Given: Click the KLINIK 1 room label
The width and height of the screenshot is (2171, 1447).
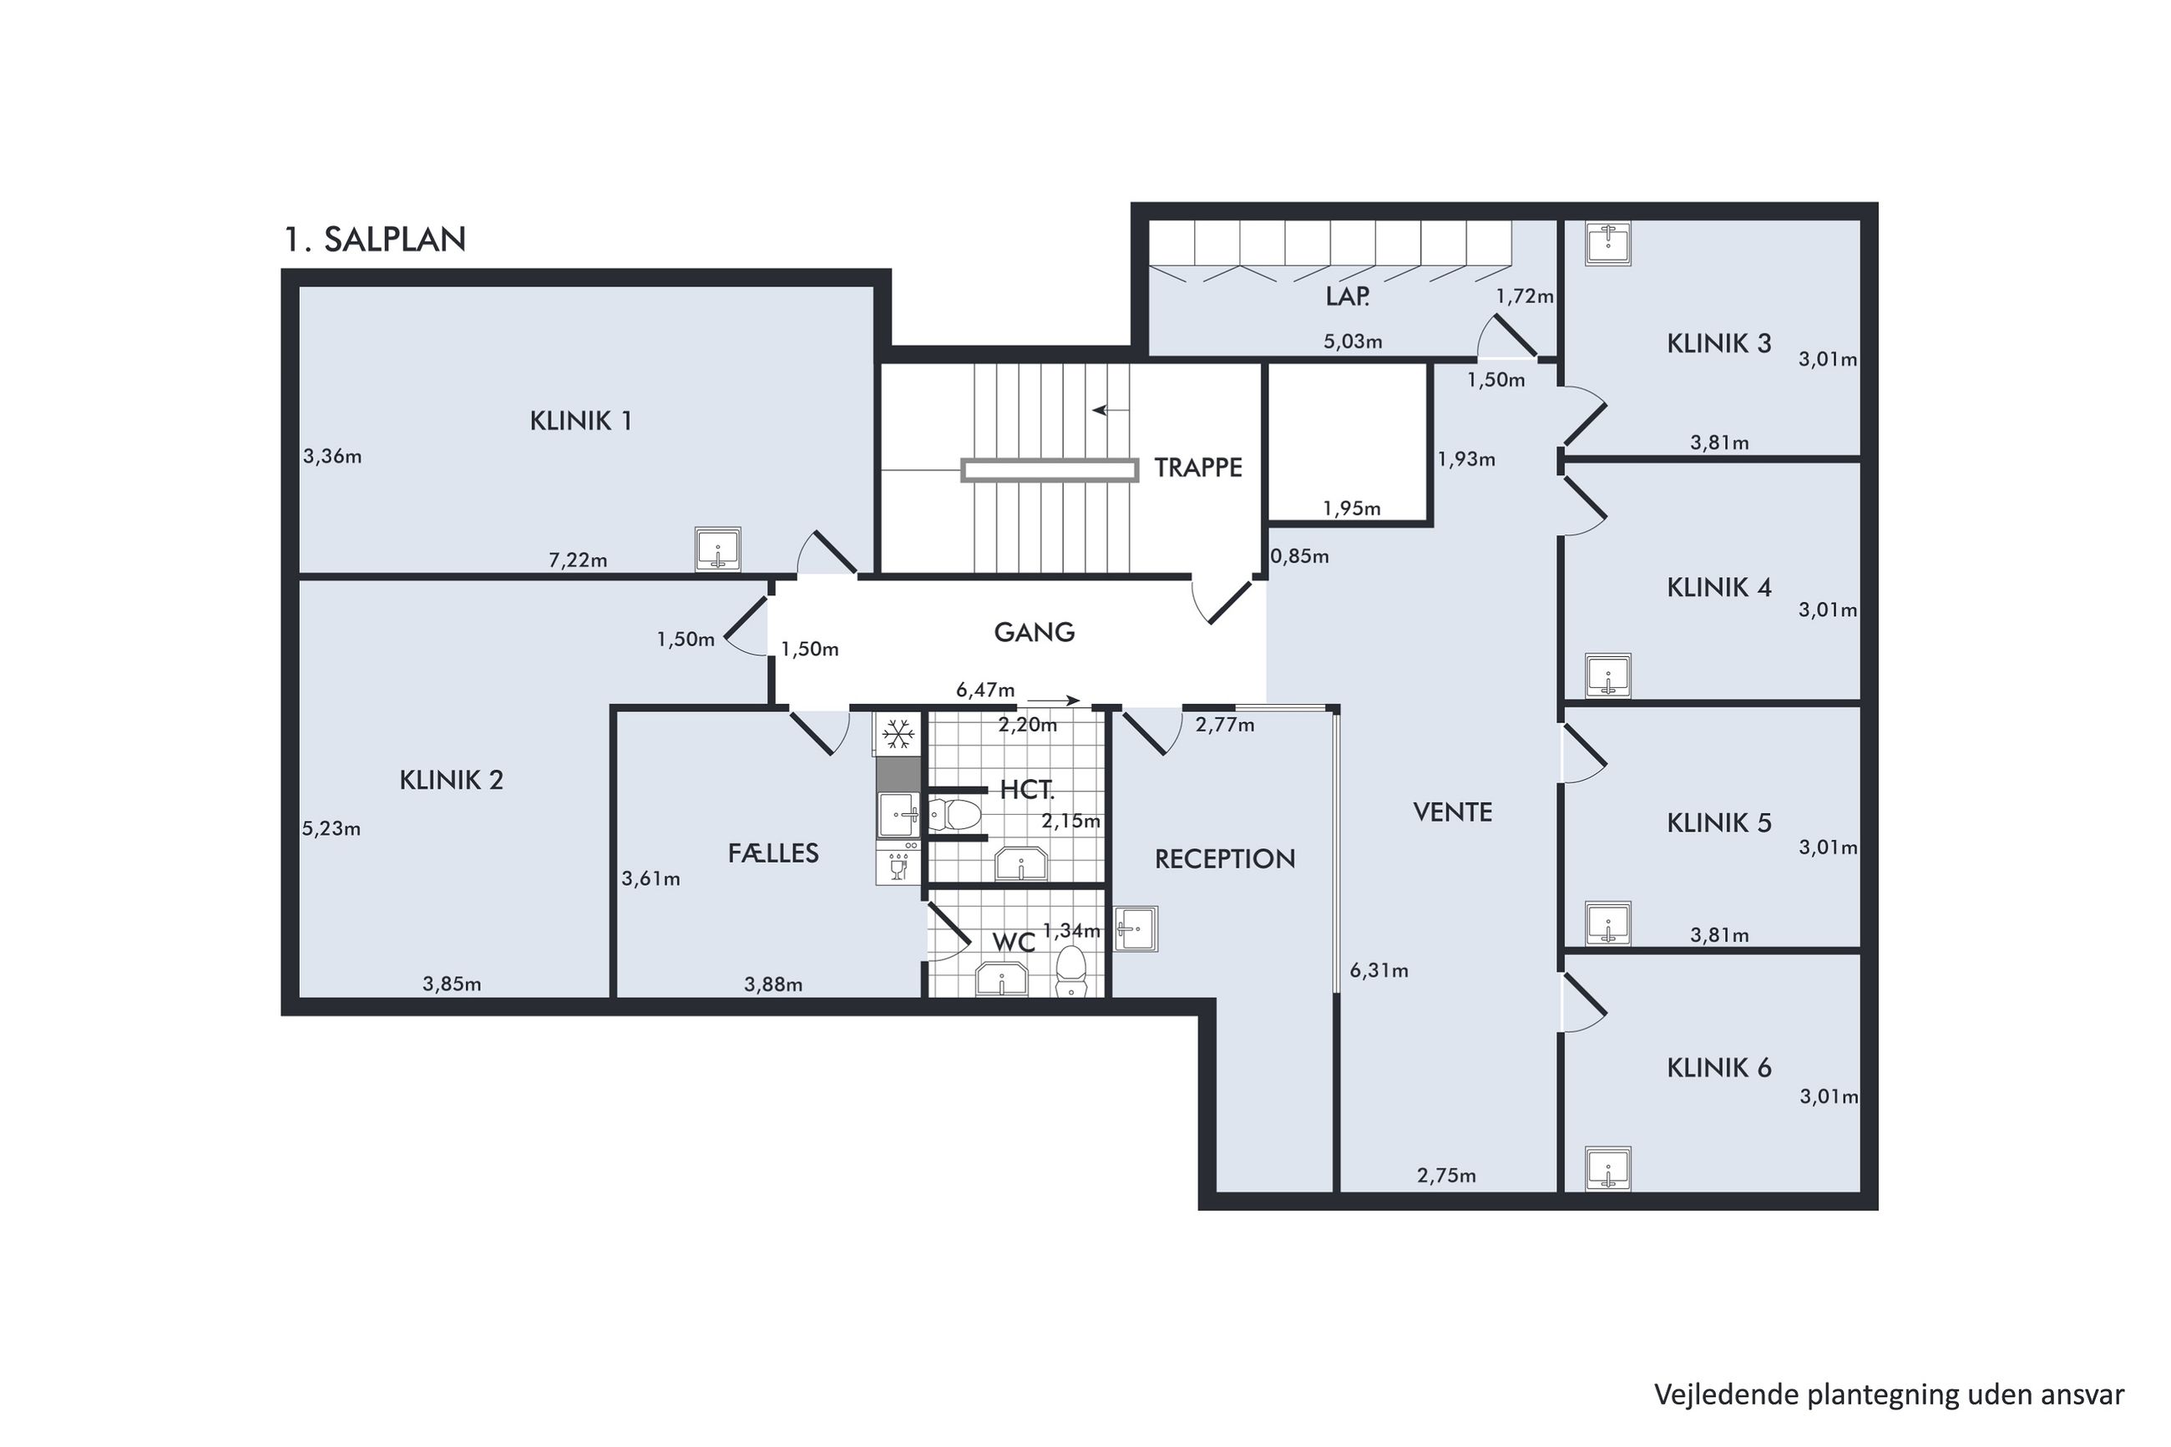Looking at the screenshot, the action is [580, 421].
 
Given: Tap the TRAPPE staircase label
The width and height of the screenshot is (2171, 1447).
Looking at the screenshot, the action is [1197, 468].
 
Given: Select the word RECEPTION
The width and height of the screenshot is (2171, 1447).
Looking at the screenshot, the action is [1224, 859].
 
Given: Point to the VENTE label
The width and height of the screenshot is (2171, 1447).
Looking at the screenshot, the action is [1452, 812].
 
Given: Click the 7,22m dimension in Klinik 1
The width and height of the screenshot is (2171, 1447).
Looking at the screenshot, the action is [578, 560].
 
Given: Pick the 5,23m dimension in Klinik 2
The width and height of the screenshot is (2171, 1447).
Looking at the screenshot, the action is [331, 828].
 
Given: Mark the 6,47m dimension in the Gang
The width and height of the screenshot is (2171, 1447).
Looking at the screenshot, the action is [985, 691].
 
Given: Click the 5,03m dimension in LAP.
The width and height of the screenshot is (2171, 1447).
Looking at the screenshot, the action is [1353, 342].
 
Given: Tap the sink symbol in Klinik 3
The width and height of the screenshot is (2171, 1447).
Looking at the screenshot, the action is [1608, 243].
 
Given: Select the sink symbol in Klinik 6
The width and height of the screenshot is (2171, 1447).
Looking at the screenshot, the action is [1608, 1168].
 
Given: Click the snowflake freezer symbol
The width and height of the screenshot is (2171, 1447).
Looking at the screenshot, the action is [898, 736].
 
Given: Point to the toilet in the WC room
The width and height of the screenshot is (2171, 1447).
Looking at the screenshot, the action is [1070, 971].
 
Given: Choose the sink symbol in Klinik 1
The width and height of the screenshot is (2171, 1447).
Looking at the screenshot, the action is [717, 550].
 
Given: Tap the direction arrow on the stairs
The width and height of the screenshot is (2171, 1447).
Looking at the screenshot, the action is [1111, 411].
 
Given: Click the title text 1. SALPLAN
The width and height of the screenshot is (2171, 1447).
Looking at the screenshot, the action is [375, 240].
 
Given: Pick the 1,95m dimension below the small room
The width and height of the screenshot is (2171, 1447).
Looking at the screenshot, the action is [1352, 508].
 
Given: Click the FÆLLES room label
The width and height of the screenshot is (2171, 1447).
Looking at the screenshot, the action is [773, 853].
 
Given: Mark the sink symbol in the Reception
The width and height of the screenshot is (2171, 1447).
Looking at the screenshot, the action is [1136, 928].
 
